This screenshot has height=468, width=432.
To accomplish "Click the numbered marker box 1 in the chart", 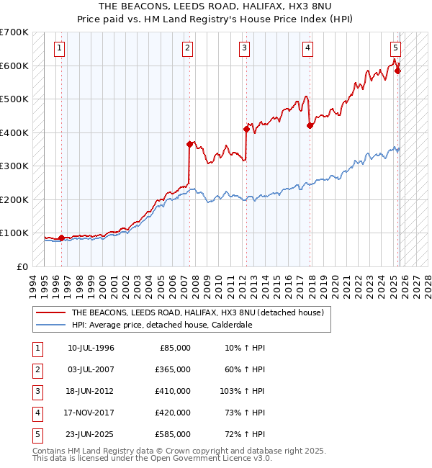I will (58, 48).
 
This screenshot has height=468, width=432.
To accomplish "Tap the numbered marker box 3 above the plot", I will (245, 48).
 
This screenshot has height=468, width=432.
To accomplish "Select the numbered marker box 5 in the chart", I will (395, 48).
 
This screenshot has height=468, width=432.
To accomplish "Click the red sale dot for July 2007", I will (190, 144).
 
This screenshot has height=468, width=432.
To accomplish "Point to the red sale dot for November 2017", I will (310, 125).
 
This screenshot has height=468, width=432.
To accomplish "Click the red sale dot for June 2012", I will (246, 130).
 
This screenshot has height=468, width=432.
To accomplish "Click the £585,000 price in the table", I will (174, 434).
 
